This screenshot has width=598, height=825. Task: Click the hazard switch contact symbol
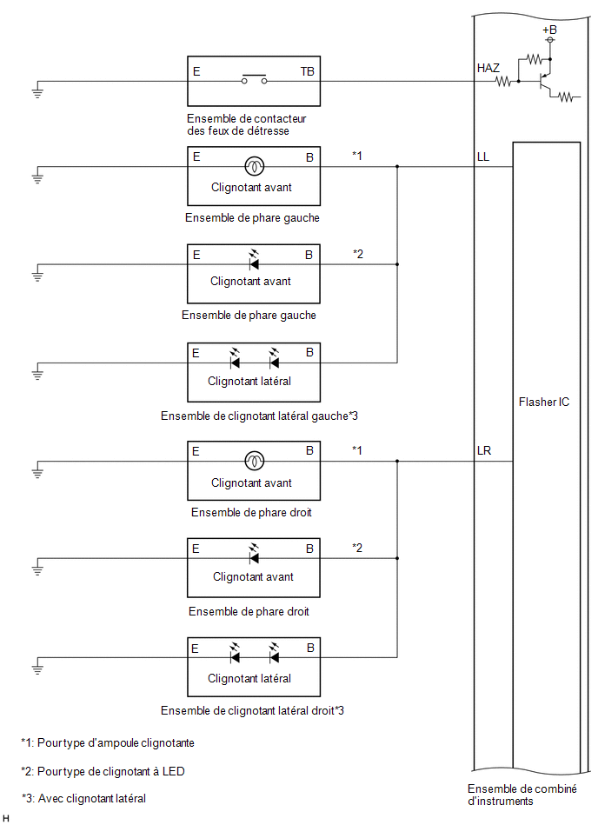254,79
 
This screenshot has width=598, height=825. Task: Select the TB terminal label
307,71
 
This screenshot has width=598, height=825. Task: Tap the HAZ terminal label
488,68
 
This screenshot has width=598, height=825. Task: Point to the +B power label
549,30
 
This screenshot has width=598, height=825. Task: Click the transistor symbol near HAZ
544,81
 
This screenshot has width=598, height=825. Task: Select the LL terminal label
482,156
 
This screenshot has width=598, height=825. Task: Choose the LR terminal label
484,451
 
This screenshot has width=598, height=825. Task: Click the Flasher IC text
544,402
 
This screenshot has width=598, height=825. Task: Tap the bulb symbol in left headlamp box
255,166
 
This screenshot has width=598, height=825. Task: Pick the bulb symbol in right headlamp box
255,461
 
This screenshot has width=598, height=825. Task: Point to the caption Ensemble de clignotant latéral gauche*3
259,416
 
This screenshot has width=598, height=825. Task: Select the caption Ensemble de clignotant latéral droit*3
252,711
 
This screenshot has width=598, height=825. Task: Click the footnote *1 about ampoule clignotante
108,743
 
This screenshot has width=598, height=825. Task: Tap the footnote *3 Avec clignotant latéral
83,799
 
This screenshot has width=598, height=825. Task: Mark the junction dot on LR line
397,461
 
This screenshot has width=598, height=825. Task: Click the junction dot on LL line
397,166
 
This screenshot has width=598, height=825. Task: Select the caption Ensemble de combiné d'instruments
522,795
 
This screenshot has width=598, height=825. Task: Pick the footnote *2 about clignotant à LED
103,771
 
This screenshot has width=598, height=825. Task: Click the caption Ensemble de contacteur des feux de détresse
246,124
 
